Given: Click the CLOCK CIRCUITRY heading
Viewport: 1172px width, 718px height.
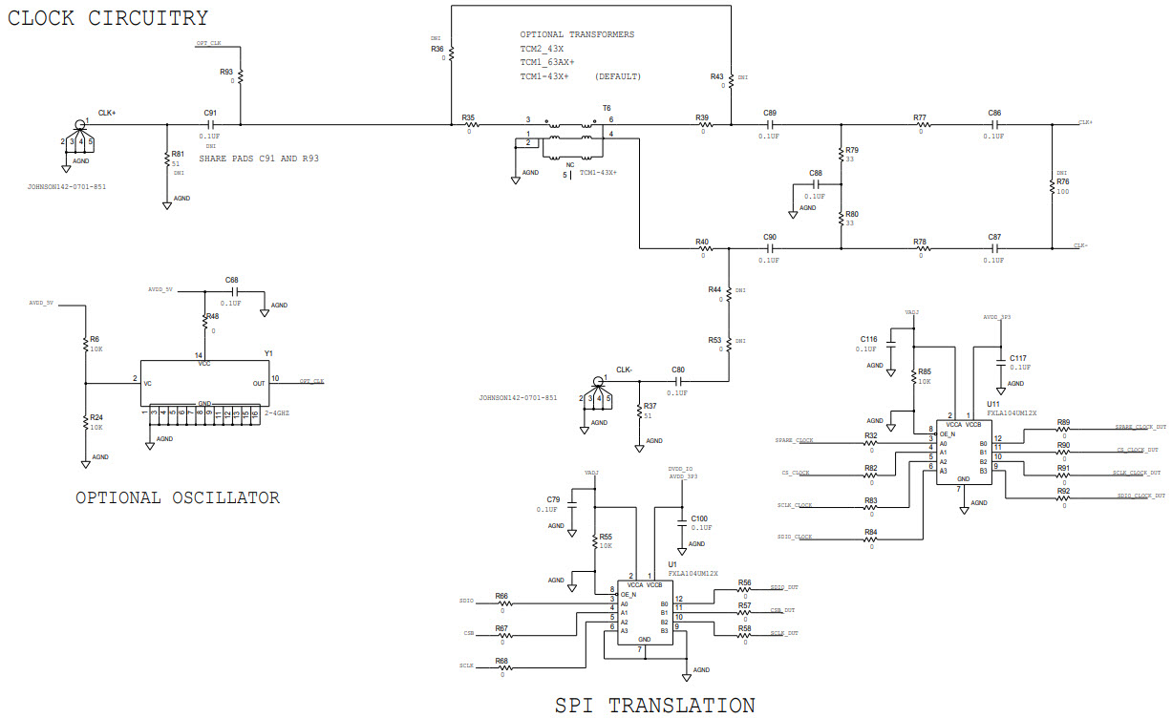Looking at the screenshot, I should click(x=108, y=18).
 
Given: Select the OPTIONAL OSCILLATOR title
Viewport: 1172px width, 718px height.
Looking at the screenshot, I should click(x=178, y=497).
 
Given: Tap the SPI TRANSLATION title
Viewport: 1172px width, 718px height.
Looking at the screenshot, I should click(x=654, y=706).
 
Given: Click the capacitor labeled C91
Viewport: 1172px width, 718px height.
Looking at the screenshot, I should click(x=211, y=124).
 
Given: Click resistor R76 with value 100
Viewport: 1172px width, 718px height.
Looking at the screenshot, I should click(x=1052, y=185).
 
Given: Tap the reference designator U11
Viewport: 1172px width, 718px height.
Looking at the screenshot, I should click(x=993, y=404).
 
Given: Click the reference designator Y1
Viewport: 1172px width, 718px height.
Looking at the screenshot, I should click(x=269, y=353).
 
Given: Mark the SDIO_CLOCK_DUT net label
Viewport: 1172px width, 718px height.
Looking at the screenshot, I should click(x=1140, y=496).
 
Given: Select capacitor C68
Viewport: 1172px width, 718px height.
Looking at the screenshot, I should click(x=232, y=291).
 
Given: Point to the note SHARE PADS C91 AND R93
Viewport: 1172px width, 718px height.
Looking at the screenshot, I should click(x=258, y=158).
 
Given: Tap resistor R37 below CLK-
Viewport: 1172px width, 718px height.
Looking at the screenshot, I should click(x=639, y=412).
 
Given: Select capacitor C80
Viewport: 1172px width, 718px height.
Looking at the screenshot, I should click(x=678, y=381).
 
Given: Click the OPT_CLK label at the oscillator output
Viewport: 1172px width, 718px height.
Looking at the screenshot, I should click(x=311, y=381).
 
